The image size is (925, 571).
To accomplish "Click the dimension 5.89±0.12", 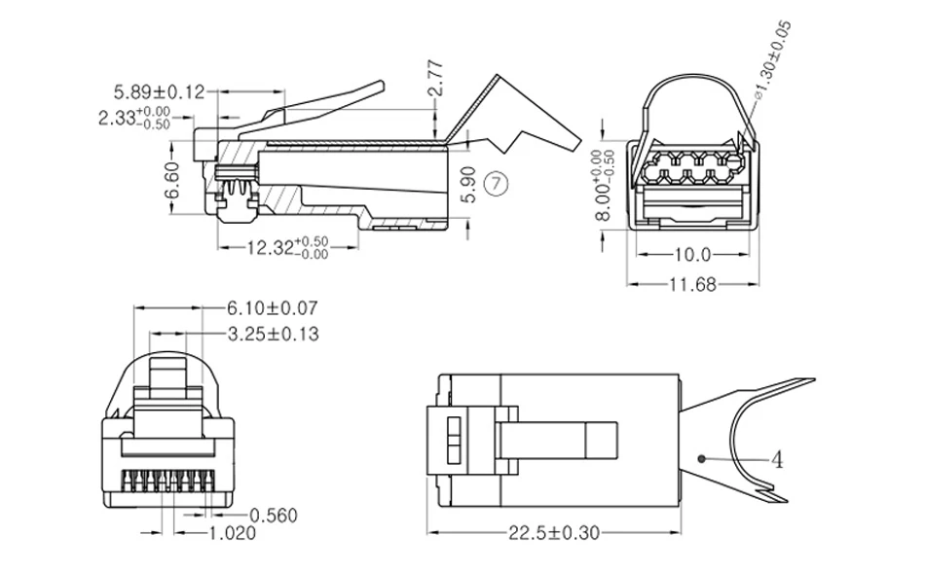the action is pos(159,92).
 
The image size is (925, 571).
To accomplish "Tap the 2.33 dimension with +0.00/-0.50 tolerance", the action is pos(134,118).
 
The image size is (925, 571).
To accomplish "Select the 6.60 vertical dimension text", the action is pos(171,181).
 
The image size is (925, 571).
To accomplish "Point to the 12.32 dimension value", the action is pos(287,247).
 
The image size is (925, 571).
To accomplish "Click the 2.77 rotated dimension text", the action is pos(436,77).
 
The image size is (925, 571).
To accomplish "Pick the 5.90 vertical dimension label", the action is pos(469,185).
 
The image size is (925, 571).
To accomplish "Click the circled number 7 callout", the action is pos(496,184).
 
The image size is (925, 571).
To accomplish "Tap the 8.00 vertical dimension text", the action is pos(606,185).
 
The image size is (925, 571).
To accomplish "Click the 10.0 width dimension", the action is pos(692,255).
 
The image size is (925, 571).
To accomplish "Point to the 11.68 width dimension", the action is pos(692,285).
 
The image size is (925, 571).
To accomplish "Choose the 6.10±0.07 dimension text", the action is pos(273,307).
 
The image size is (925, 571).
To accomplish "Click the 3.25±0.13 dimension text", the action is pos(274,334).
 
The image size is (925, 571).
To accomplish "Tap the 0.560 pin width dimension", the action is pos(274,516).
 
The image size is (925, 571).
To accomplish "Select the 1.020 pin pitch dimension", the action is pos(233,533).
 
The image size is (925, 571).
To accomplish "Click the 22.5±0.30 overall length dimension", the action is pos(554,533).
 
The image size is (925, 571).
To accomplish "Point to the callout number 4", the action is pos(778,460).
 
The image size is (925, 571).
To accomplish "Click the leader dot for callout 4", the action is pos(701,458).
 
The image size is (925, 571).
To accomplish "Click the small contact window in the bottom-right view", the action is pos(454,441).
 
